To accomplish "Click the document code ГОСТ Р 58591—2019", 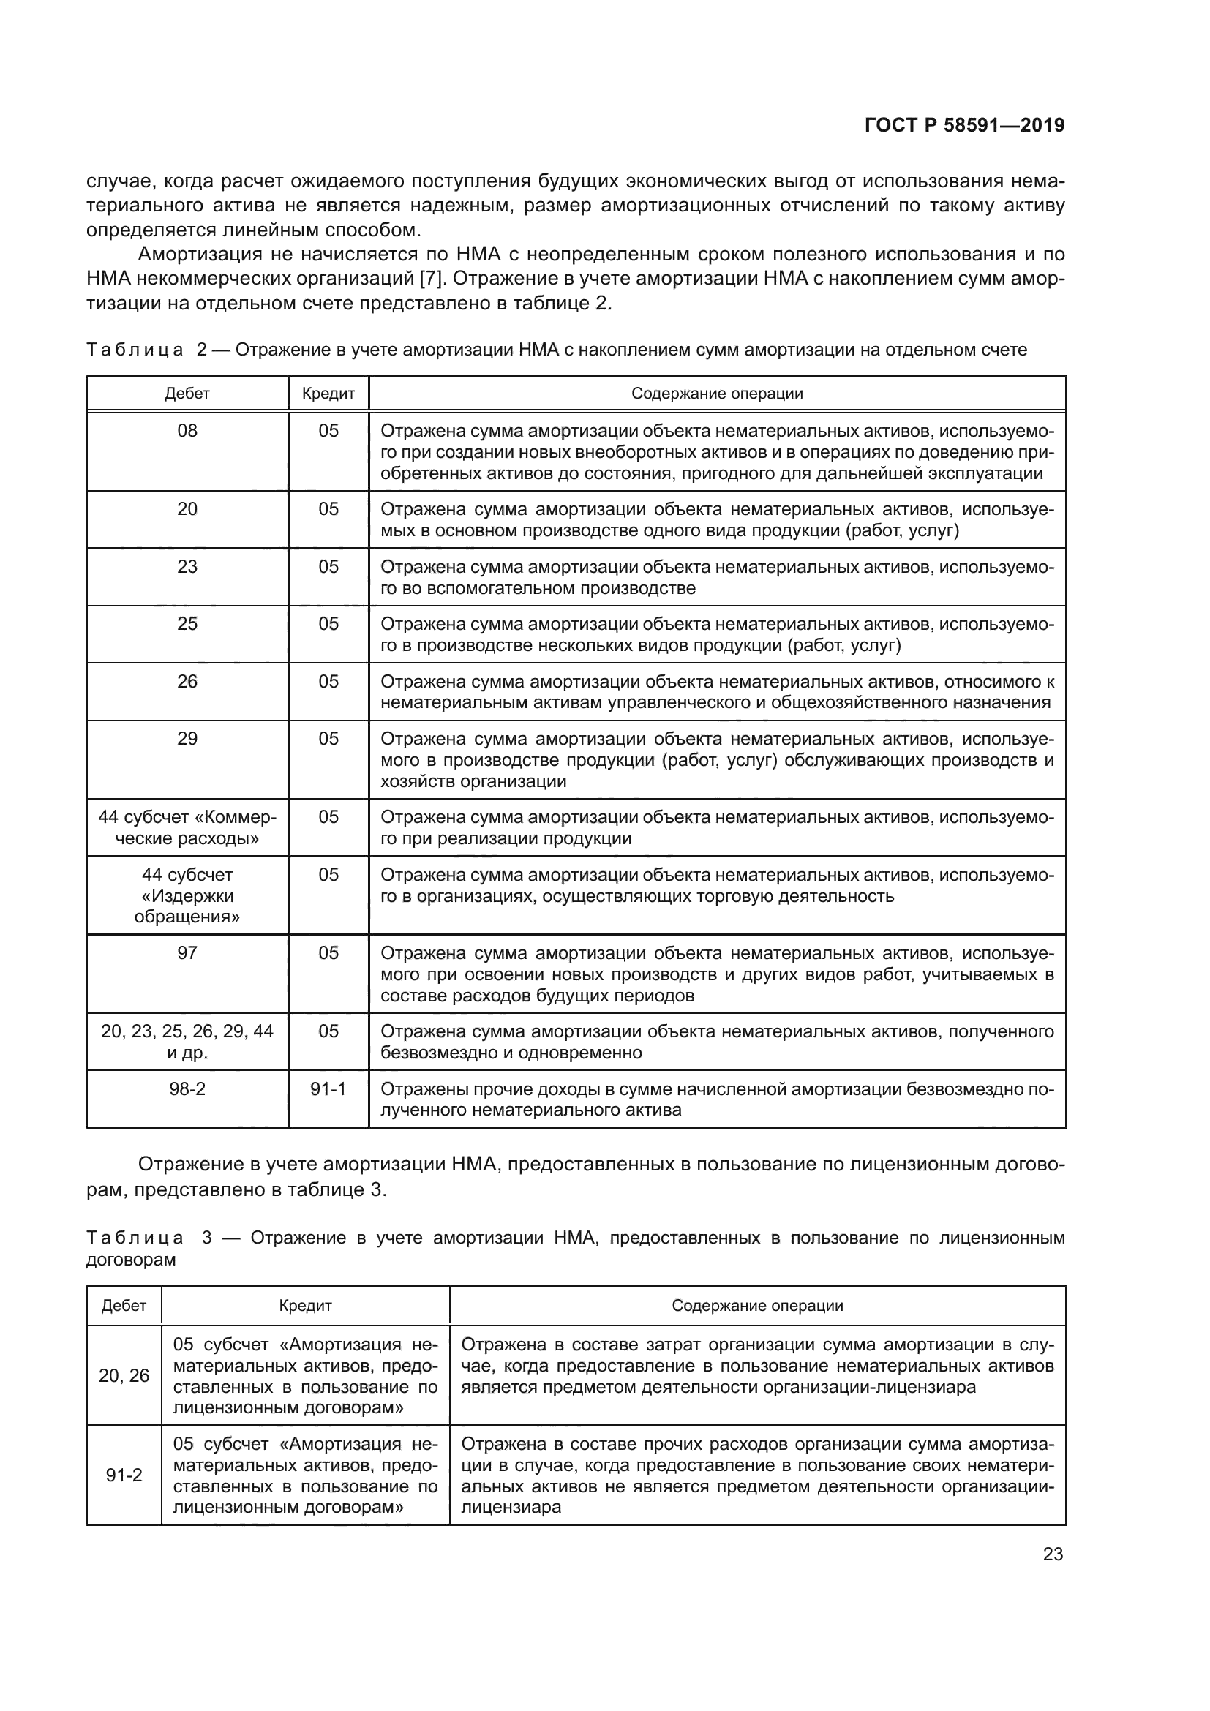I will tap(964, 125).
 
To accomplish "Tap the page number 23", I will tap(1053, 1554).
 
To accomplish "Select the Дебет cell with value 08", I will tap(187, 431).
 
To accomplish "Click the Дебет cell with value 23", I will tap(187, 566).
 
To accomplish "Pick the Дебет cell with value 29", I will tap(187, 739).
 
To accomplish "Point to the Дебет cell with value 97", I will tap(187, 953).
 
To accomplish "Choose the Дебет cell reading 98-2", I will tap(187, 1088).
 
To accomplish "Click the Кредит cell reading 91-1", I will tap(328, 1088).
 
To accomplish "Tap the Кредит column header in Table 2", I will tap(328, 394).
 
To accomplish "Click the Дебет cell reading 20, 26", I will tap(124, 1376).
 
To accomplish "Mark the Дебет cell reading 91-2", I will tap(124, 1475).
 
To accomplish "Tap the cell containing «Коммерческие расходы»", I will tap(187, 828).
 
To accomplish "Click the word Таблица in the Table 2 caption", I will tap(135, 350).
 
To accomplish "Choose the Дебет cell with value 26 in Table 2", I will tap(187, 681).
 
